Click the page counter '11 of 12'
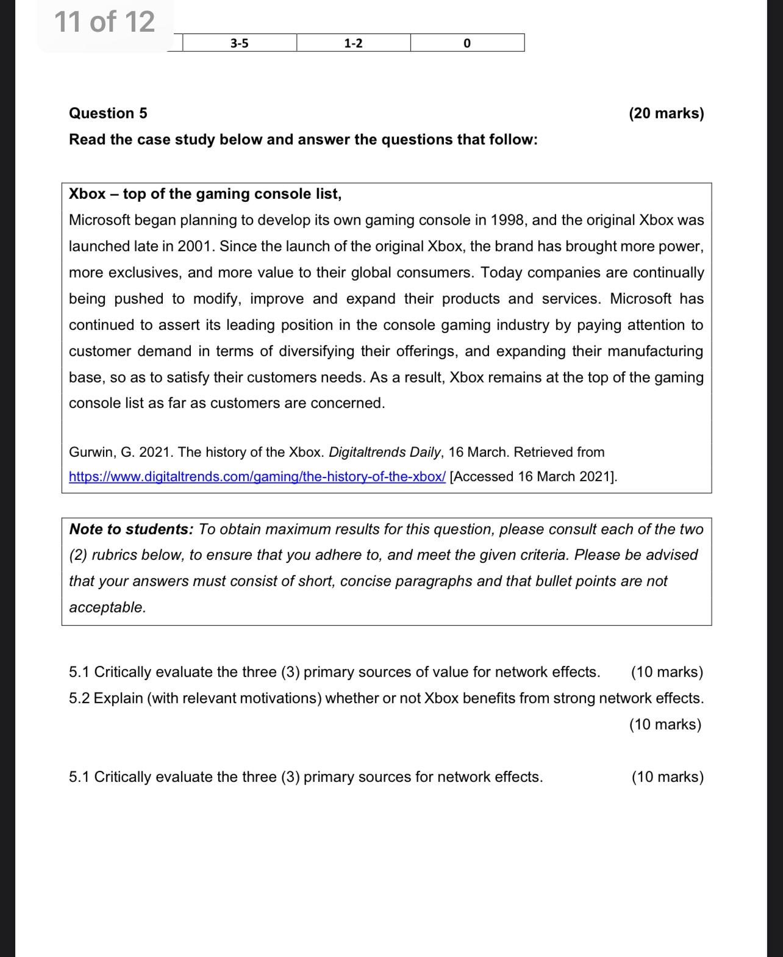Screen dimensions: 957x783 click(x=104, y=22)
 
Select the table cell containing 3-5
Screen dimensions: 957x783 click(x=240, y=43)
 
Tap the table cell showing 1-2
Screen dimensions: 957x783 click(x=353, y=43)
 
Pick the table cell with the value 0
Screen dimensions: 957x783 click(x=467, y=43)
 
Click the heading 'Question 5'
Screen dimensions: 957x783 click(x=108, y=113)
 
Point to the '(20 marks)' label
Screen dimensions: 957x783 click(x=666, y=113)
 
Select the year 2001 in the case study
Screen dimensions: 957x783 click(x=196, y=246)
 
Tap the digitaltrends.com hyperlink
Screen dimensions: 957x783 click(x=257, y=477)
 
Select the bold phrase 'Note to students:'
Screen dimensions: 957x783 click(x=131, y=529)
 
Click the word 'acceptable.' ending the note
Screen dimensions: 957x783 click(x=107, y=608)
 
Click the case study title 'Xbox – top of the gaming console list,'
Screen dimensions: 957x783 click(x=205, y=194)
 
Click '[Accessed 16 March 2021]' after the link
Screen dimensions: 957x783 click(x=533, y=477)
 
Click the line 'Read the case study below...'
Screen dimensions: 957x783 click(x=303, y=140)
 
